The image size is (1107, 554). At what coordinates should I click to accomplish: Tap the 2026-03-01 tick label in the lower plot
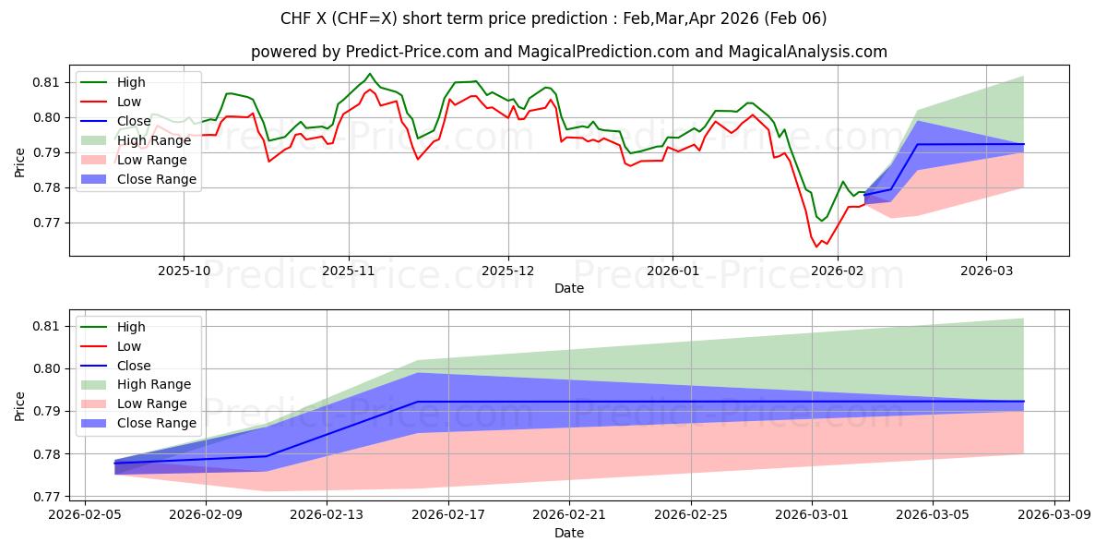coord(813,513)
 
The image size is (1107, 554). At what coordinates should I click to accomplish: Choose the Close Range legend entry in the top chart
coord(157,179)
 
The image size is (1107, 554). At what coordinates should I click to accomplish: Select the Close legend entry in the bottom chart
coord(134,366)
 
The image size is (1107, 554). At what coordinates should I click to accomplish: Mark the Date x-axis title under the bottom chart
coord(568,533)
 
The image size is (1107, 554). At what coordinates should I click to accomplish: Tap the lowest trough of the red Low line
coord(815,247)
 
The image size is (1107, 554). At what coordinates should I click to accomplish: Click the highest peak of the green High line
coord(370,74)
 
